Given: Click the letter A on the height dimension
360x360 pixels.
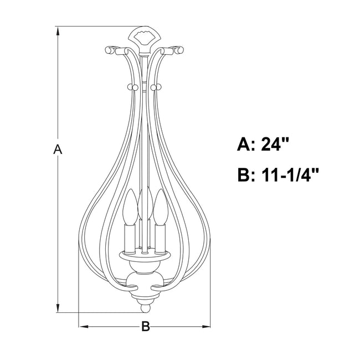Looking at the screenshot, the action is tap(58, 149).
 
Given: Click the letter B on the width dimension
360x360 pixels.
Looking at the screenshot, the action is tap(146, 326).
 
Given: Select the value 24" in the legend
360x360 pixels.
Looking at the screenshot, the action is tap(274, 145).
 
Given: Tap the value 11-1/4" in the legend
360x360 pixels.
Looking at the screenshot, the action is tap(290, 175).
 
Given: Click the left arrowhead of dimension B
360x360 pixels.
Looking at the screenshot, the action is tap(84, 326).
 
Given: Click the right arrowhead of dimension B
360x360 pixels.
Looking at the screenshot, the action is tap(205, 326).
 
